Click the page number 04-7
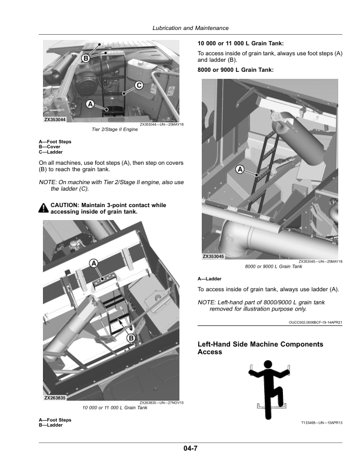pos(191,448)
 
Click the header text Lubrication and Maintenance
pos(191,28)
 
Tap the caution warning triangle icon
pos(44,208)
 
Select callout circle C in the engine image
pos(139,85)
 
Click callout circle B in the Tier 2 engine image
pos(86,58)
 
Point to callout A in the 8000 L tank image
pos(239,169)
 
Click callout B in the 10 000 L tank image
pos(131,338)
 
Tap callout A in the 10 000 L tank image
pos(94,264)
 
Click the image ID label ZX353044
pos(55,119)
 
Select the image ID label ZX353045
pos(214,256)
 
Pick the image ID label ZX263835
pos(55,398)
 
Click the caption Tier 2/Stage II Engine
pos(115,129)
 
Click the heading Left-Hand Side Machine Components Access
pos(260,348)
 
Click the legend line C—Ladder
pos(51,152)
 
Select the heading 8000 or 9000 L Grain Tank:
pos(235,70)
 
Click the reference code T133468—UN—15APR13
pos(322,422)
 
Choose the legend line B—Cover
pos(49,147)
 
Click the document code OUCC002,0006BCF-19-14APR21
pos(315,322)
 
